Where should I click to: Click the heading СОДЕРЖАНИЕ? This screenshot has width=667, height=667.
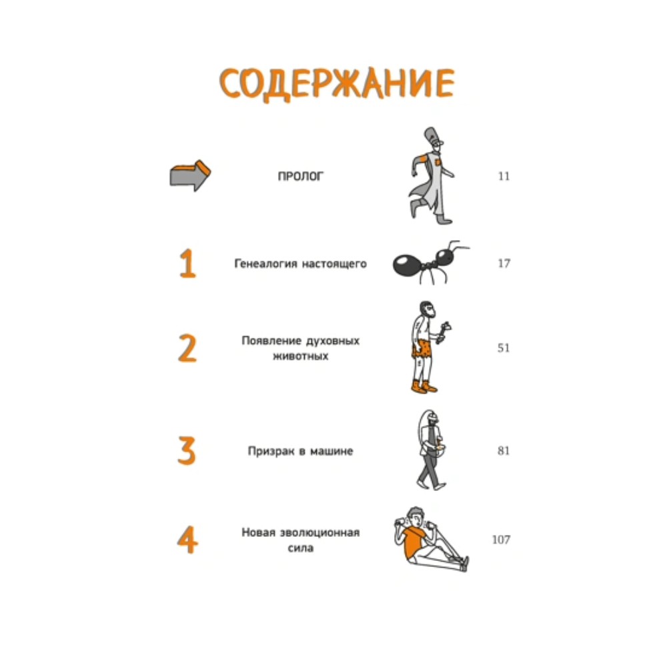pyautogui.click(x=336, y=84)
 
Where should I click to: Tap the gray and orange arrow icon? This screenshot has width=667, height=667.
pyautogui.click(x=189, y=175)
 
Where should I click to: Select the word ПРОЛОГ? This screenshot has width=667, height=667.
pyautogui.click(x=300, y=176)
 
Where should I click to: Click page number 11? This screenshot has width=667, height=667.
pyautogui.click(x=504, y=176)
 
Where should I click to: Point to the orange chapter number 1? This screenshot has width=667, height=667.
pyautogui.click(x=187, y=263)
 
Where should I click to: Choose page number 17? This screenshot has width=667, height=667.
pyautogui.click(x=504, y=263)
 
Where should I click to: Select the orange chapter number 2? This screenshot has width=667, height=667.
pyautogui.click(x=187, y=348)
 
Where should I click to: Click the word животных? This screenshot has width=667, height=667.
pyautogui.click(x=300, y=356)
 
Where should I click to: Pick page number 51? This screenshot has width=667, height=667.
pyautogui.click(x=504, y=348)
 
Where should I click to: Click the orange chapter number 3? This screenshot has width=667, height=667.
pyautogui.click(x=187, y=450)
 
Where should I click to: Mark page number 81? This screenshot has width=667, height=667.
pyautogui.click(x=504, y=450)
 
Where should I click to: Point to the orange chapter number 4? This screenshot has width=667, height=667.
pyautogui.click(x=187, y=540)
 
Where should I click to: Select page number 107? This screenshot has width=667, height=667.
pyautogui.click(x=501, y=540)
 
